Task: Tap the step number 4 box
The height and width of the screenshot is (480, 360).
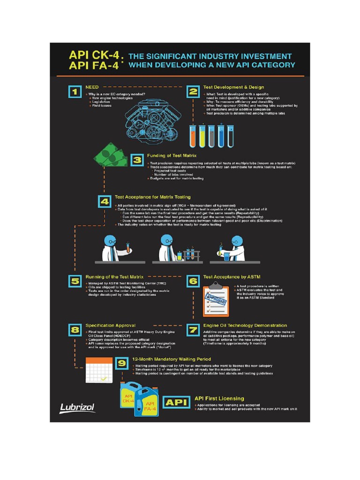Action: (104, 202)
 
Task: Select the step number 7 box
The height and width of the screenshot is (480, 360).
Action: (192, 330)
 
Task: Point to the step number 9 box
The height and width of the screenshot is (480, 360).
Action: (122, 363)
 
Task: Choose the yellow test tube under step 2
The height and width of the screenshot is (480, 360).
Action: (202, 135)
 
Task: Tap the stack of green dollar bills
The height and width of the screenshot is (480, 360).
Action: (110, 157)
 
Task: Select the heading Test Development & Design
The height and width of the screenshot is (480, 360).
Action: (233, 87)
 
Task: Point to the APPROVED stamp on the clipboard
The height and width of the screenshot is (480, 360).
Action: (214, 298)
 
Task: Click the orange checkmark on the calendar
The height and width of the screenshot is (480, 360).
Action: (103, 377)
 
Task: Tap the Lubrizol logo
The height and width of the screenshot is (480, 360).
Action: (77, 407)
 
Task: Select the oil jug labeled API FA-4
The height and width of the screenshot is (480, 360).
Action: (149, 405)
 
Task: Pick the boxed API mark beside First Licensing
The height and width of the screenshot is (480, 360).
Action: (176, 403)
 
